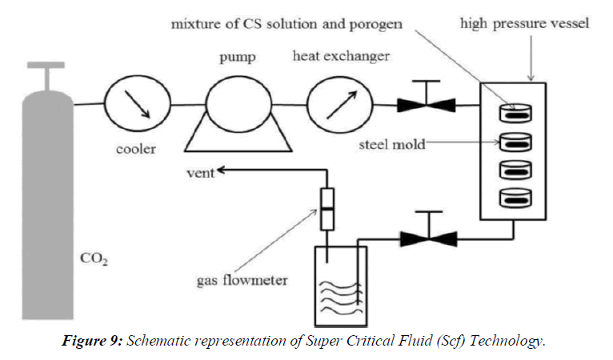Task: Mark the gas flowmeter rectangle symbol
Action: [328, 206]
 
